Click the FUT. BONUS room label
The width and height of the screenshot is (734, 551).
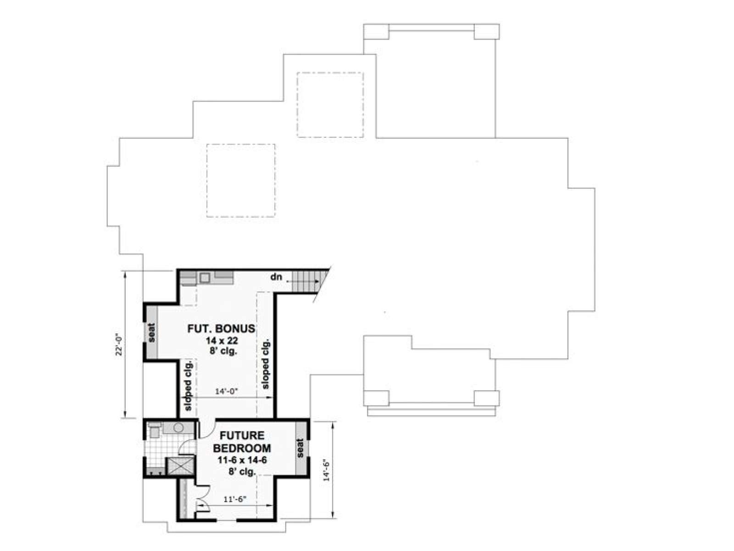[x=221, y=328]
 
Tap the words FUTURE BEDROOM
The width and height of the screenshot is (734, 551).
[x=242, y=441]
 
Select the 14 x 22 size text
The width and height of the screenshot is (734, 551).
[x=222, y=341]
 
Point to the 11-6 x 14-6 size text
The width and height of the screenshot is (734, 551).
[x=242, y=461]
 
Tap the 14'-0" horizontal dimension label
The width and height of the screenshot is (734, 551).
[x=226, y=391]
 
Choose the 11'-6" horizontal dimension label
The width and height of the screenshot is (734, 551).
[x=235, y=499]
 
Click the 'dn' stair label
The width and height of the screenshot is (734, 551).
[x=276, y=277]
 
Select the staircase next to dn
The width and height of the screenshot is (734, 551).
[x=306, y=281]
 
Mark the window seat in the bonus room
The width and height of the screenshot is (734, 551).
[x=152, y=332]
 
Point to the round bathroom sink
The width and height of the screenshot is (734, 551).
[x=179, y=428]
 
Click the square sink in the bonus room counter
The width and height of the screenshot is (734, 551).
[x=205, y=277]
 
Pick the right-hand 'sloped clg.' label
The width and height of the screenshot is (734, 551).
[x=266, y=364]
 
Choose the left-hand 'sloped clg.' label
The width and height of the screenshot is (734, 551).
[x=188, y=385]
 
